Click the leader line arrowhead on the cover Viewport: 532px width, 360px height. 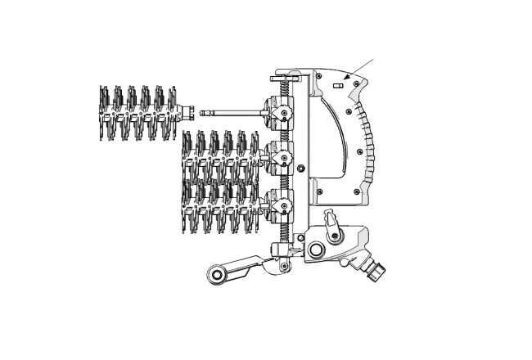[x=349, y=79]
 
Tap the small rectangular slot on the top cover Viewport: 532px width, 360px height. [x=337, y=83]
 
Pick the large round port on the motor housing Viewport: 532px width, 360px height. [x=316, y=250]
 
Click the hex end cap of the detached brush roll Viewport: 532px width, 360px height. [x=187, y=113]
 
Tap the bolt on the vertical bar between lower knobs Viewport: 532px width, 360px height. [x=302, y=169]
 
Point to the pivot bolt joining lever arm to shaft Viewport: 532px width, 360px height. [x=283, y=266]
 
